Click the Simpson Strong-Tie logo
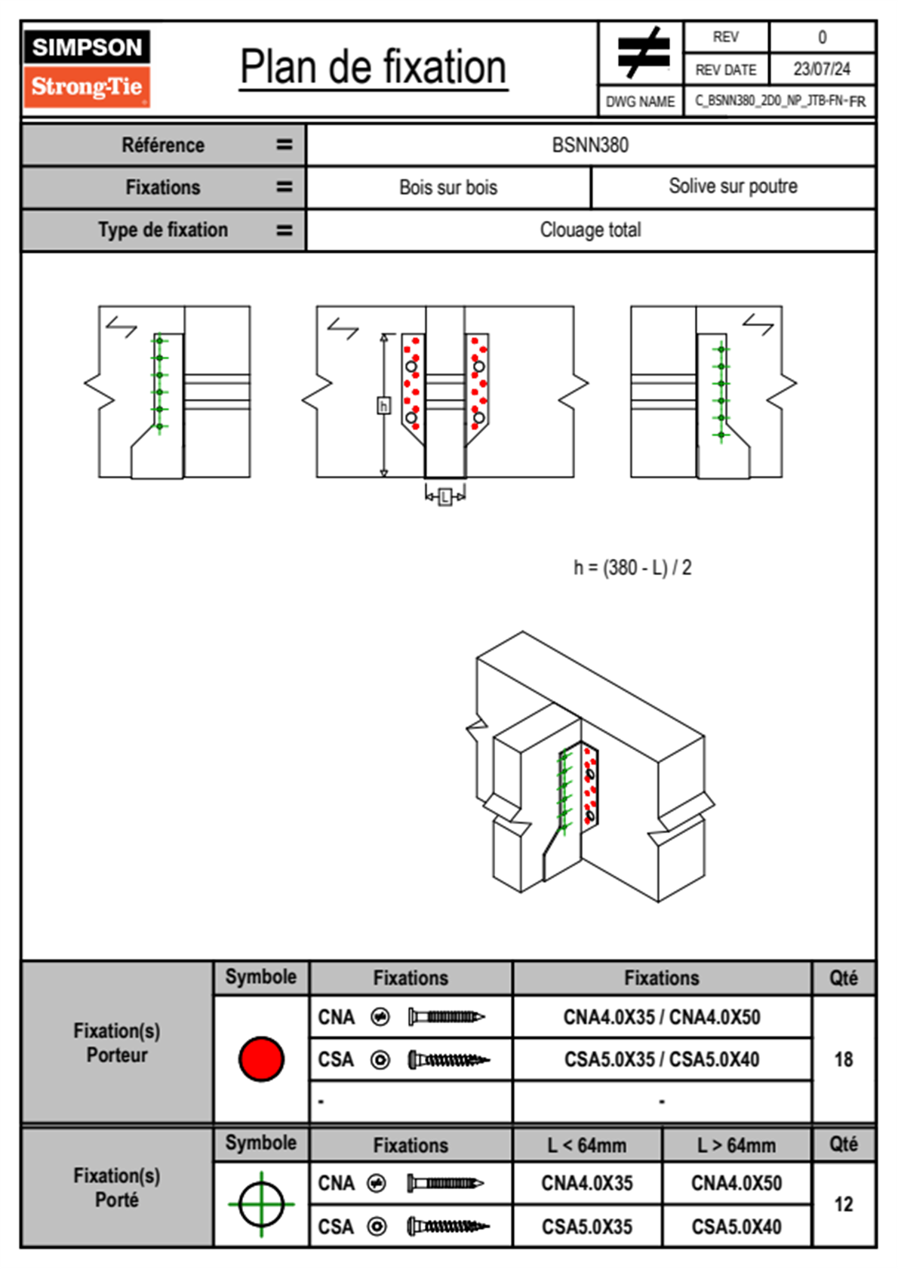[x=87, y=68]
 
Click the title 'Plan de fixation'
[x=373, y=68]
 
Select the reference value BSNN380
[x=590, y=145]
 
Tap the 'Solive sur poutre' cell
[x=733, y=186]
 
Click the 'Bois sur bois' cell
[x=448, y=187]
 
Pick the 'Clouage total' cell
[x=590, y=229]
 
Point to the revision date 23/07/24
[x=821, y=69]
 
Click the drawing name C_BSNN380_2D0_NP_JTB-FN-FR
[x=780, y=101]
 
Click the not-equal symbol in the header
[x=642, y=53]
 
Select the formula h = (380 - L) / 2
[x=632, y=567]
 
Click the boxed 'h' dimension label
[x=383, y=406]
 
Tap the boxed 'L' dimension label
[x=445, y=496]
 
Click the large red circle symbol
[x=261, y=1059]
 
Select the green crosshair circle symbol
[x=261, y=1204]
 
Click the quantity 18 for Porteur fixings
[x=843, y=1059]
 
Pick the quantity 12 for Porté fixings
[x=843, y=1204]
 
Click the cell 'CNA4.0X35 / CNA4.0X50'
[x=662, y=1017]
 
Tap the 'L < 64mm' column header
[x=587, y=1145]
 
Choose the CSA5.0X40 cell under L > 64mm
[x=737, y=1227]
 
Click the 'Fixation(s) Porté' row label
[x=117, y=1188]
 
